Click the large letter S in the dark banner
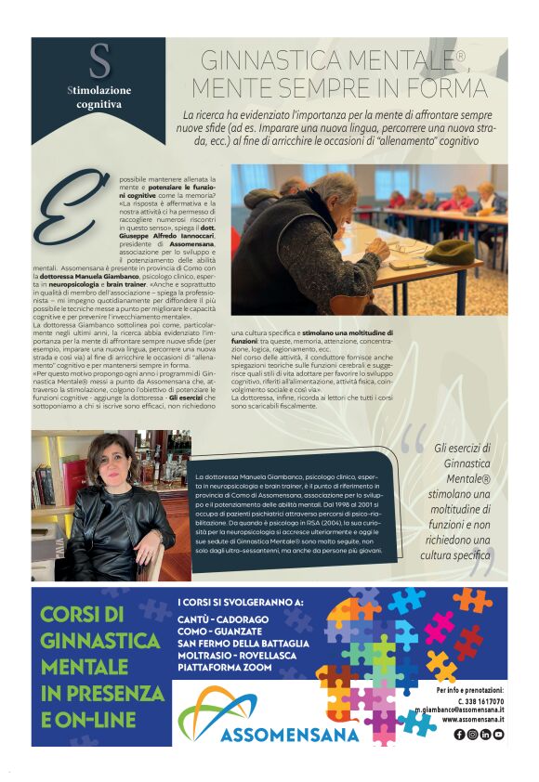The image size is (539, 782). [99, 62]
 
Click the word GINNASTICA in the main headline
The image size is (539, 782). [270, 61]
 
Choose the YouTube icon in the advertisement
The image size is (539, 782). [499, 735]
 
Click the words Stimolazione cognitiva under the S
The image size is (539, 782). [99, 98]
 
